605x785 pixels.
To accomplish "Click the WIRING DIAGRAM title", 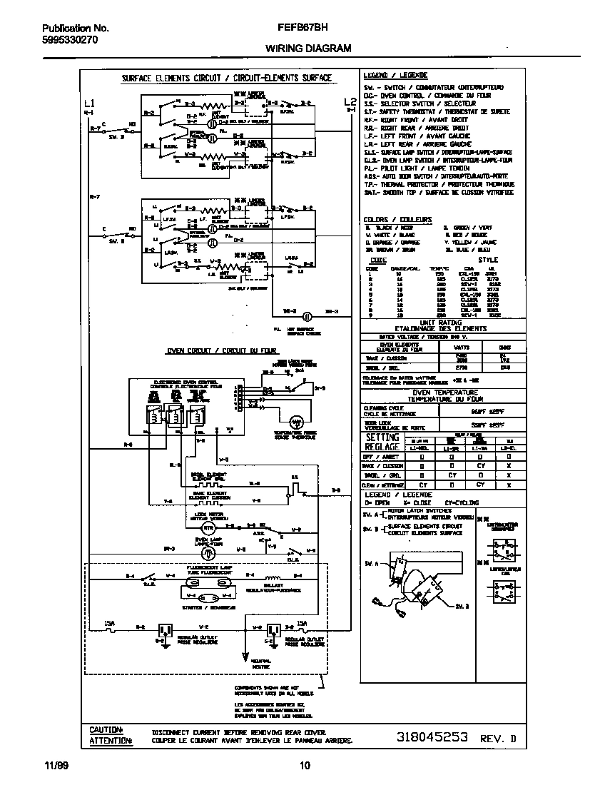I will pyautogui.click(x=308, y=49).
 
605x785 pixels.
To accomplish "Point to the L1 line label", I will pyautogui.click(x=88, y=101).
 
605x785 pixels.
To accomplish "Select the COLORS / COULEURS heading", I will pyautogui.click(x=397, y=219).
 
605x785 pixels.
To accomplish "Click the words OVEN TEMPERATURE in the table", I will pyautogui.click(x=445, y=392).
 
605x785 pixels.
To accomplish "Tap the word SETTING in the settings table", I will pyautogui.click(x=382, y=437).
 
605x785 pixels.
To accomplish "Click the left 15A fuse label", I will pyautogui.click(x=109, y=623).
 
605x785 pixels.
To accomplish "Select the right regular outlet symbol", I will pyautogui.click(x=272, y=629).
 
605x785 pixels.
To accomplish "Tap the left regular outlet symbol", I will pyautogui.click(x=166, y=629).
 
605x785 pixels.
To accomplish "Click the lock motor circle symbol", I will pyautogui.click(x=208, y=527).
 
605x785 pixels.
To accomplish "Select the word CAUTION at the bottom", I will pyautogui.click(x=106, y=729).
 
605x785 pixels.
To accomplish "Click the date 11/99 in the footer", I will pyautogui.click(x=54, y=766).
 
